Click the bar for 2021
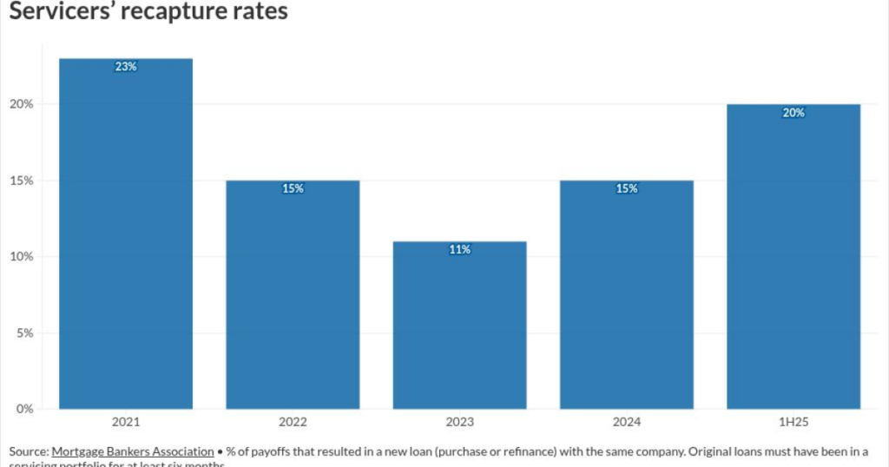[126, 234]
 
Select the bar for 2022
[293, 295]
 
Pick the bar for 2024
[626, 295]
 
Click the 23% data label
[126, 67]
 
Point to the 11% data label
[459, 250]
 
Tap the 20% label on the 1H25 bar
[793, 113]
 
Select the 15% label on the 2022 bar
[293, 188]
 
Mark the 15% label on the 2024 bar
[626, 188]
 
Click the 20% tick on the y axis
[22, 104]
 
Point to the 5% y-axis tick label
[24, 332]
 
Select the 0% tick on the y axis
[24, 409]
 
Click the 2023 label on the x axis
[459, 423]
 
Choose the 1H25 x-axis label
[793, 423]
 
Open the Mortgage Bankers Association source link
[132, 451]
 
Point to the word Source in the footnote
[28, 451]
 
